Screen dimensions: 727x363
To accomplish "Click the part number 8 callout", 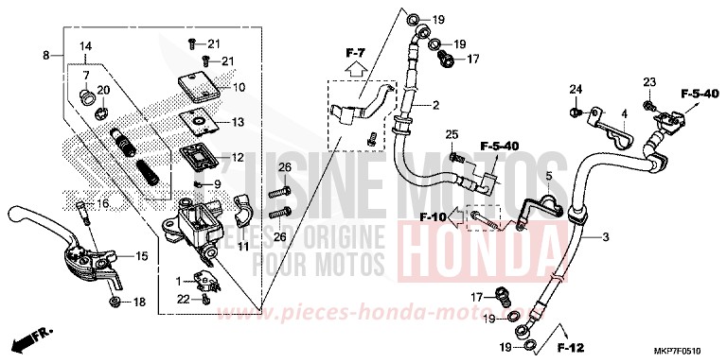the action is point(45,57).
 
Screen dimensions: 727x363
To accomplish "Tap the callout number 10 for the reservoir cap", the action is point(239,87).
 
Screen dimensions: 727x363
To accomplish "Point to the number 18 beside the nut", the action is point(139,302).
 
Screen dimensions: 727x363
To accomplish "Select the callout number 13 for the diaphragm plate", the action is point(239,122).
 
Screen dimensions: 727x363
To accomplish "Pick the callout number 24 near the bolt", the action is point(574,90).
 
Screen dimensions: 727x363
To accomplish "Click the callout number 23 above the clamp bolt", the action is point(650,80).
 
